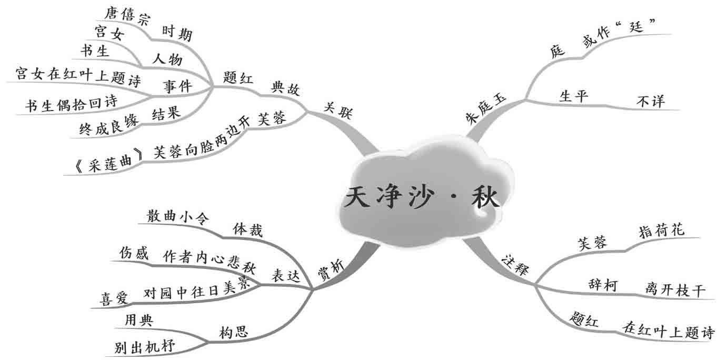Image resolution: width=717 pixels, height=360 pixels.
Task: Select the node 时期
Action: (x=176, y=34)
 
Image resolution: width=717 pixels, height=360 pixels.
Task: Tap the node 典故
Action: (x=285, y=88)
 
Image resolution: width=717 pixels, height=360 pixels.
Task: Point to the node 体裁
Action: (x=247, y=230)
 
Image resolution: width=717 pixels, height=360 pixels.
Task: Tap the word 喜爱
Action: (x=114, y=298)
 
